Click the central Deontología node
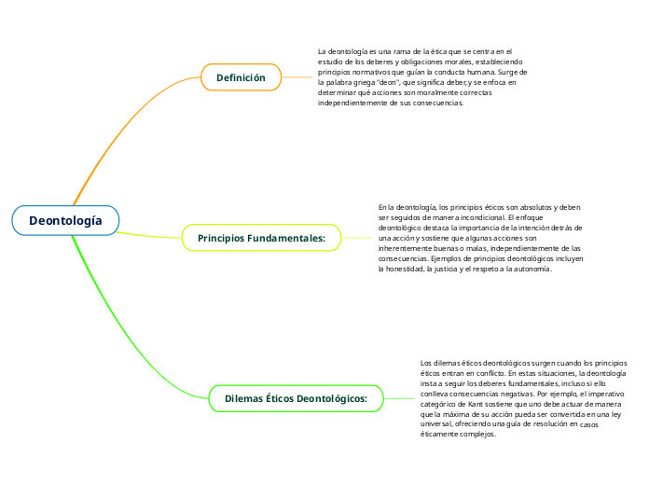(65, 220)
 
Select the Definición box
(241, 77)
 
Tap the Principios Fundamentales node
(261, 238)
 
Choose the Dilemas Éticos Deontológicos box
(296, 398)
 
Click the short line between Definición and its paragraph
(297, 77)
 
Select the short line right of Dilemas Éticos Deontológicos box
(398, 398)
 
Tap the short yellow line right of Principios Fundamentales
(356, 238)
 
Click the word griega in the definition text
(365, 82)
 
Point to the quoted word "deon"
(389, 82)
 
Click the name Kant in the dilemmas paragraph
(476, 404)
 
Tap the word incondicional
(479, 217)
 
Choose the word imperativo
(606, 394)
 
